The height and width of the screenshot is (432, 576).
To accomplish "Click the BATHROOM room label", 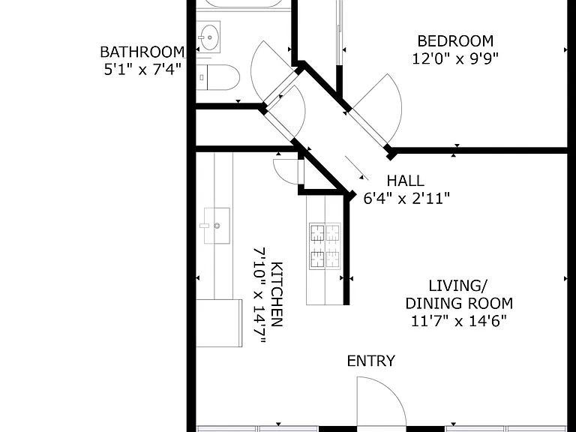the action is (x=142, y=52).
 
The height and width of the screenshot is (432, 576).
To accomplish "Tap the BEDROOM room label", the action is (x=455, y=41).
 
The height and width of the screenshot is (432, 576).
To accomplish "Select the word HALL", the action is (x=406, y=181).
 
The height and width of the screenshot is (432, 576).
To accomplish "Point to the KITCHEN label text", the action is (x=277, y=294).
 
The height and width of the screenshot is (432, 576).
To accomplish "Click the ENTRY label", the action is (x=371, y=361).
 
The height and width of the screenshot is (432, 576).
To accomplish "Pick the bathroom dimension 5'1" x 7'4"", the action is (x=143, y=70).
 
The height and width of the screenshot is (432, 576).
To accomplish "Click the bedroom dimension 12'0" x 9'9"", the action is (x=455, y=58).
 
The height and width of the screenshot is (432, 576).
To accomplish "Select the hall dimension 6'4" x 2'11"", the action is (x=406, y=198).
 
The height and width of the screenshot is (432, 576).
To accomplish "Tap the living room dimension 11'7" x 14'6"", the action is (x=459, y=322).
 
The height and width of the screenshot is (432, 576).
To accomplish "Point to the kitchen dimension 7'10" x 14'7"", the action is (x=259, y=295).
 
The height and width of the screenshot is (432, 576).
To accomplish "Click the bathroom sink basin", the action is (x=208, y=37).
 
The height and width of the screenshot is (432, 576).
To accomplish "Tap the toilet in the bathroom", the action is (x=217, y=77).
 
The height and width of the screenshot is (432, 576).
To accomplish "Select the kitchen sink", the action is (x=217, y=226).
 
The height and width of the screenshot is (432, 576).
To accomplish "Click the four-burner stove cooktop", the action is (x=325, y=246).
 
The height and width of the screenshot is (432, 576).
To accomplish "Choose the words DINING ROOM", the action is (x=459, y=304).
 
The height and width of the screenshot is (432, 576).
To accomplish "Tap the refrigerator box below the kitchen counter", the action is (x=219, y=323).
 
